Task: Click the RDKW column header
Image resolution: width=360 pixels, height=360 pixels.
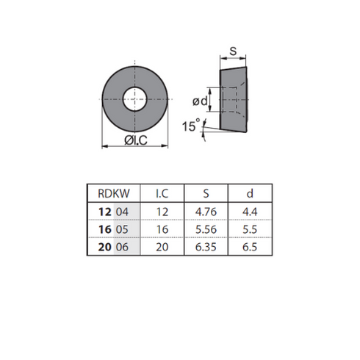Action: click(114, 193)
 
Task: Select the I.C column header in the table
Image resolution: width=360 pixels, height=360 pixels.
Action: click(162, 193)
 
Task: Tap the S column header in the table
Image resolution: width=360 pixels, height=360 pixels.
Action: click(206, 193)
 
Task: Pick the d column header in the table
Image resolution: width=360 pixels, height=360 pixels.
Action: click(250, 193)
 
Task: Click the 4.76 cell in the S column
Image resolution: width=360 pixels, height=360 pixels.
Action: click(206, 212)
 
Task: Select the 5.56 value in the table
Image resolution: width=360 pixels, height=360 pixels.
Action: click(206, 229)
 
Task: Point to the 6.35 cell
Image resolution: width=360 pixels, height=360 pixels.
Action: click(206, 247)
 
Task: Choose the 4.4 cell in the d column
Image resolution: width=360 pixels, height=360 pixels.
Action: click(250, 212)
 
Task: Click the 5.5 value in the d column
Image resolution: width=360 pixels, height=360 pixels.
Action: click(250, 229)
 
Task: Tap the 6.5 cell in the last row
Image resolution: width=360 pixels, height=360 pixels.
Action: click(250, 247)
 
